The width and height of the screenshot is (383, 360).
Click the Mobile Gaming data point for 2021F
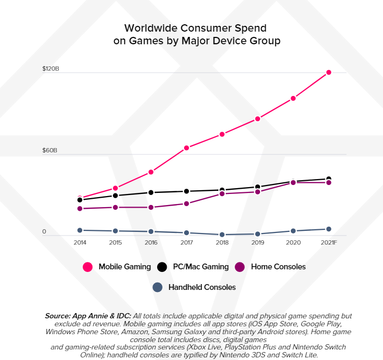click(x=329, y=72)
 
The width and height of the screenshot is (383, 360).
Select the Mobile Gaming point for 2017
click(x=187, y=148)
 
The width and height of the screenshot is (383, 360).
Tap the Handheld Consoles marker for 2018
click(x=222, y=235)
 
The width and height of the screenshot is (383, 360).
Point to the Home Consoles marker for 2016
click(x=151, y=207)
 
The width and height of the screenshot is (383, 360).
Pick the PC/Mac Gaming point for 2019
click(x=258, y=187)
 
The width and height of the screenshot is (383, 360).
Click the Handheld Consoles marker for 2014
click(x=80, y=230)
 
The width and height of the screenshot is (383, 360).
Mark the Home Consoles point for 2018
click(x=222, y=194)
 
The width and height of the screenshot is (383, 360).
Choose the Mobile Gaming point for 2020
click(x=293, y=99)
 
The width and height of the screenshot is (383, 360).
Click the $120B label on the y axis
click(x=51, y=69)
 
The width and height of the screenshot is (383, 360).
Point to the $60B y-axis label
click(x=50, y=151)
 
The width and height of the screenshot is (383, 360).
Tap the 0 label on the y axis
click(x=44, y=232)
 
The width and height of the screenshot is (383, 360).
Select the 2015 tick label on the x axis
click(x=116, y=243)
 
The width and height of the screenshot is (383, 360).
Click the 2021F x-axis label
click(x=328, y=243)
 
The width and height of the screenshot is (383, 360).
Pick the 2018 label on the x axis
click(x=222, y=243)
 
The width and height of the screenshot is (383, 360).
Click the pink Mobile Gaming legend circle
click(x=88, y=267)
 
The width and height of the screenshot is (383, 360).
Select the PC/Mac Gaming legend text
click(x=200, y=267)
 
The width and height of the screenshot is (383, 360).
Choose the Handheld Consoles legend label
click(x=202, y=287)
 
